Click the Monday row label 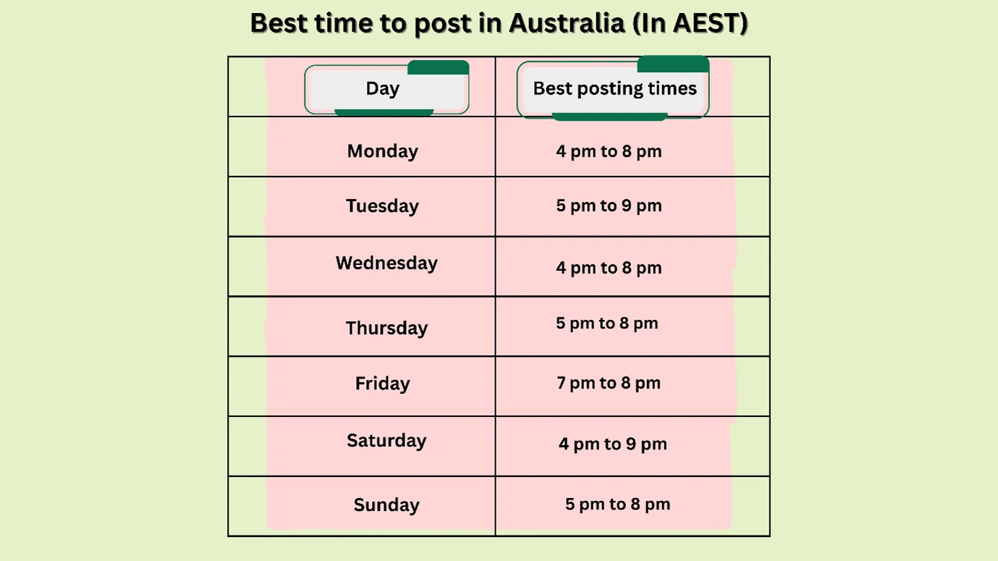pyautogui.click(x=382, y=151)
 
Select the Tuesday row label pyautogui.click(x=382, y=206)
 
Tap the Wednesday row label pyautogui.click(x=386, y=263)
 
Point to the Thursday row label pyautogui.click(x=386, y=328)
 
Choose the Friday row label pyautogui.click(x=382, y=384)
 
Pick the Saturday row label pyautogui.click(x=386, y=441)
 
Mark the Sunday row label pyautogui.click(x=386, y=505)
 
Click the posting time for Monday pyautogui.click(x=609, y=151)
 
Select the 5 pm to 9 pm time pyautogui.click(x=609, y=206)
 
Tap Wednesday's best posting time pyautogui.click(x=609, y=268)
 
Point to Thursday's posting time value pyautogui.click(x=606, y=323)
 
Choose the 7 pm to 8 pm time pyautogui.click(x=609, y=383)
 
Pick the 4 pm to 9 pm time pyautogui.click(x=612, y=444)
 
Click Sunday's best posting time pyautogui.click(x=617, y=504)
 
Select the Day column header pyautogui.click(x=383, y=89)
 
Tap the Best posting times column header pyautogui.click(x=614, y=89)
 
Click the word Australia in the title pyautogui.click(x=567, y=24)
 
